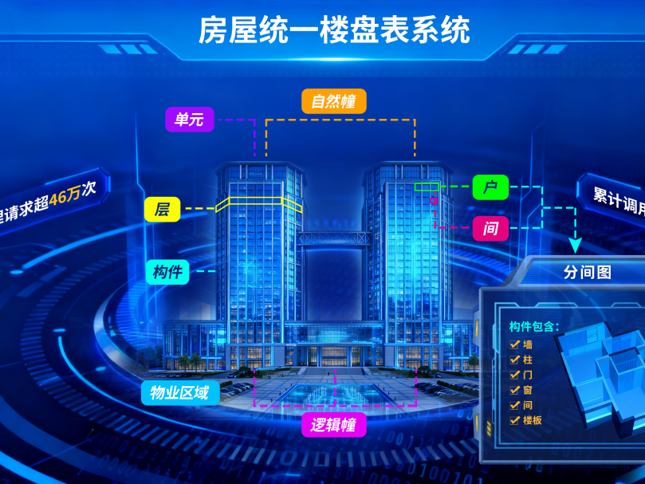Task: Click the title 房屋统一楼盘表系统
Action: coord(334,30)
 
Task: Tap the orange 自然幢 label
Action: coord(333,101)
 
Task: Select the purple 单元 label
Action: coord(189,120)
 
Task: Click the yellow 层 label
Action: coord(162,210)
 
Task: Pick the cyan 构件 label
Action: coord(167,271)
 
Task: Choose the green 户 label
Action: coord(490,187)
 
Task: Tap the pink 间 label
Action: coord(490,229)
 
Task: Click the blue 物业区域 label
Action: coord(180,392)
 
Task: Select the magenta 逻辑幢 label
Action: coord(333,423)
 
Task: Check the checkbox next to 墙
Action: coord(515,344)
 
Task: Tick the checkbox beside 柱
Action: coord(515,360)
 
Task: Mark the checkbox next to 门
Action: coord(515,375)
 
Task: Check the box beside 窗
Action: coord(515,390)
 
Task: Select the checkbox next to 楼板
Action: coord(515,420)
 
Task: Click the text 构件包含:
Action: coord(534,326)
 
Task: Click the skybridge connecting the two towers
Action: coord(334,238)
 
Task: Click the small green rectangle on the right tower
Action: coord(427,187)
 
